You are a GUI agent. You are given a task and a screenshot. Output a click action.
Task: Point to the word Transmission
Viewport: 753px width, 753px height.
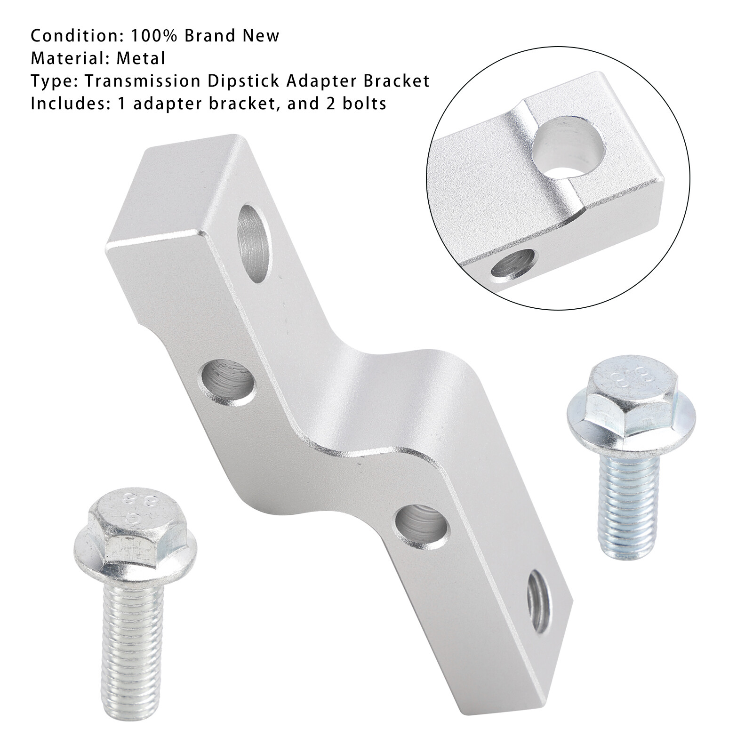[x=143, y=81]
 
